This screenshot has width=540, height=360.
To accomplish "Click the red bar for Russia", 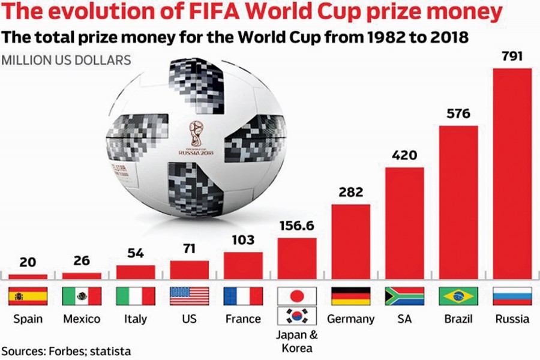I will (x=512, y=174).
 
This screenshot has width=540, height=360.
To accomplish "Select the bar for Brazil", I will (x=458, y=202).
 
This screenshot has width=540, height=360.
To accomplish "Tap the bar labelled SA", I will (x=404, y=223).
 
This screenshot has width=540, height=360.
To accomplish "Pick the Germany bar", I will (x=350, y=242).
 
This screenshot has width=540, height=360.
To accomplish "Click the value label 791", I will (x=512, y=57).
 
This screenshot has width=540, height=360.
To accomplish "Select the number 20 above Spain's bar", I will (x=27, y=262).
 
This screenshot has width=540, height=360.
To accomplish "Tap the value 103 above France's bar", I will (x=243, y=240).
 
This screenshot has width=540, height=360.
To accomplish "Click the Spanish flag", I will (x=27, y=296).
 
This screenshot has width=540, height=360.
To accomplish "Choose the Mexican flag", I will (x=82, y=296).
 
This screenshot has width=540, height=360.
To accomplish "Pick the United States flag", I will (x=190, y=296).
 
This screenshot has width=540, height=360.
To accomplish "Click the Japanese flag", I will (x=296, y=296).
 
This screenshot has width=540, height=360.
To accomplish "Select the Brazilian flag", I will (x=458, y=296).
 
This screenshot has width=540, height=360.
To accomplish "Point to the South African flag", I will (x=404, y=296).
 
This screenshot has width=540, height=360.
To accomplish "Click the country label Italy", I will (x=136, y=319).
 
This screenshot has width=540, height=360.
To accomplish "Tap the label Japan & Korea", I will (x=296, y=341).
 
